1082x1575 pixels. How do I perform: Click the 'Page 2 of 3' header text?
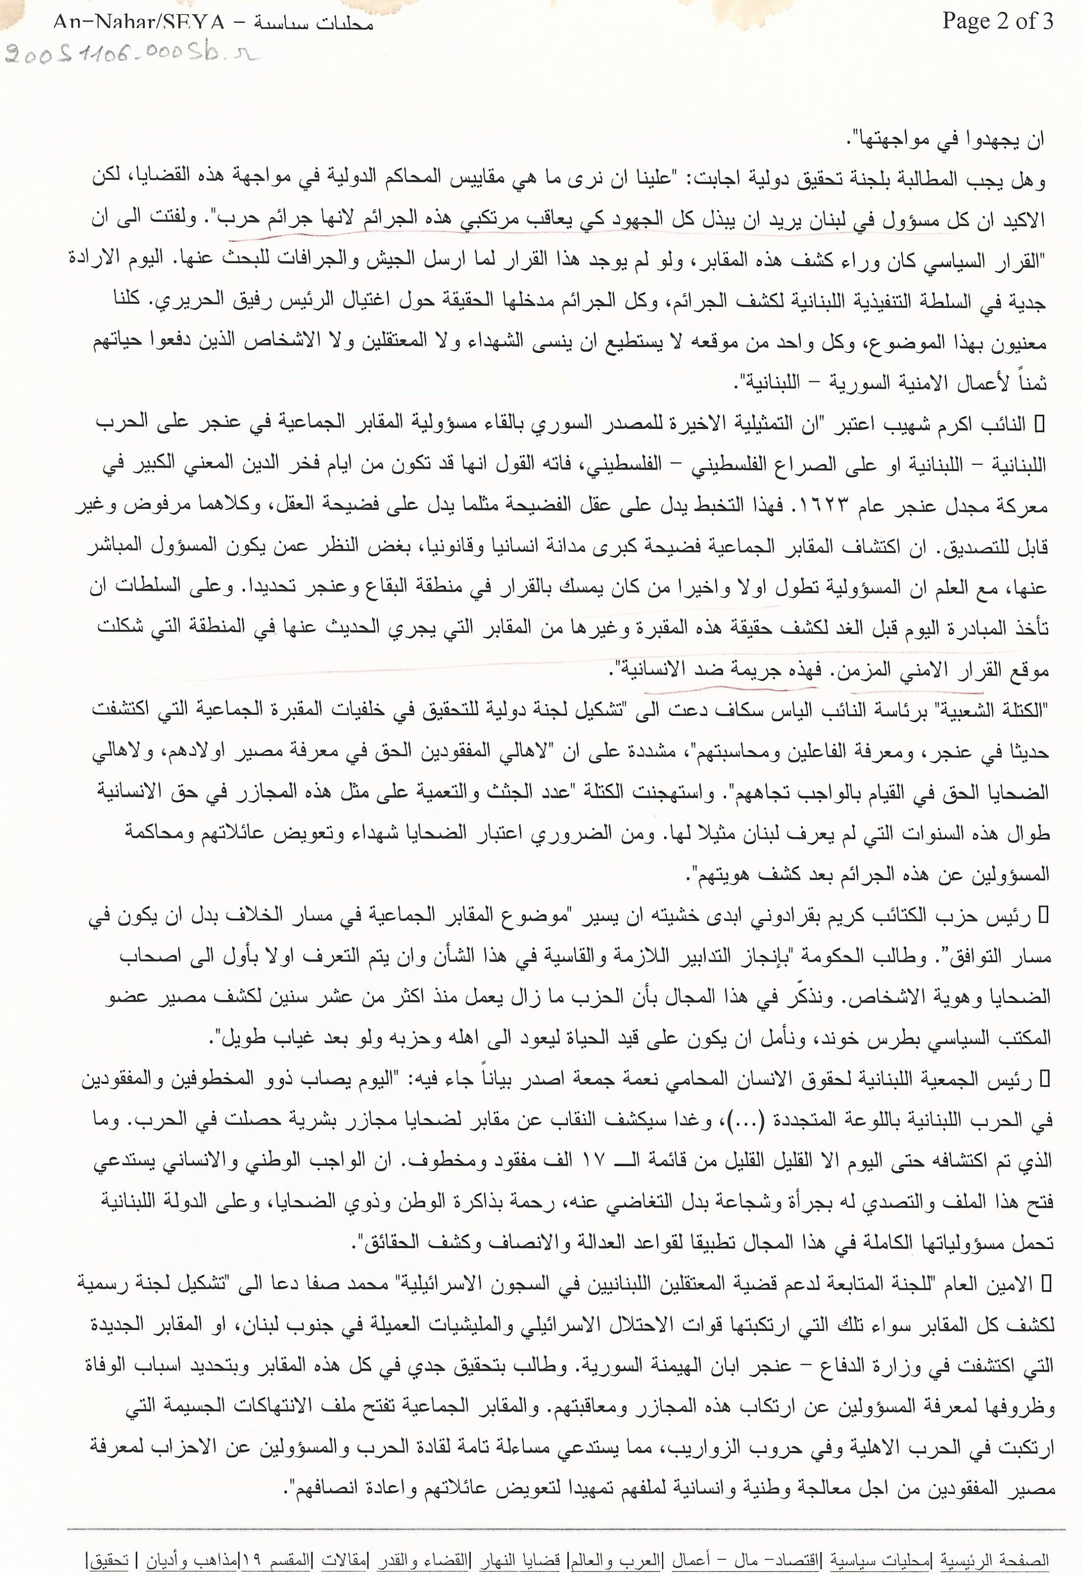point(997,21)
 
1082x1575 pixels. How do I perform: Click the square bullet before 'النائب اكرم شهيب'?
point(1039,424)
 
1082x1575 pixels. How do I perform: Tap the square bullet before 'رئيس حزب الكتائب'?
point(1043,916)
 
